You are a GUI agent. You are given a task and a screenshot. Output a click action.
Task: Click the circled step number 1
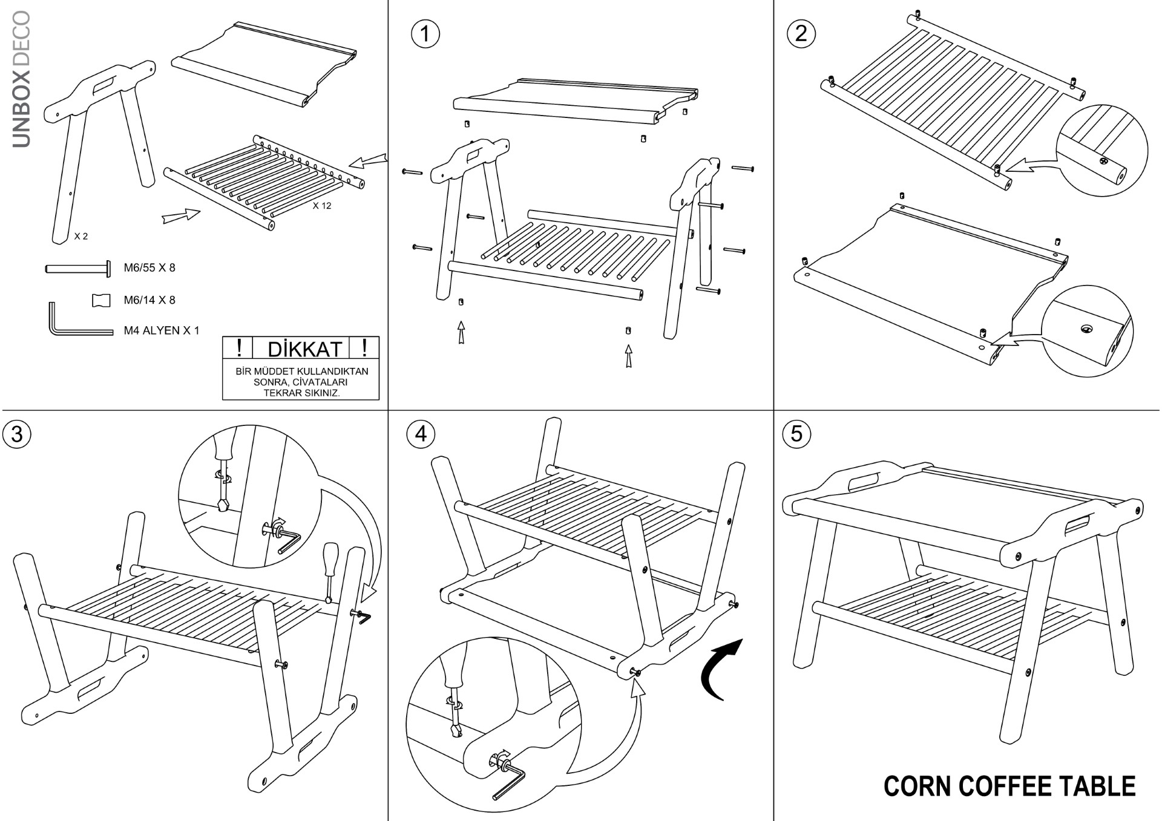coord(425,34)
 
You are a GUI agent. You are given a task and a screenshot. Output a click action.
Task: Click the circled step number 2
coord(801,33)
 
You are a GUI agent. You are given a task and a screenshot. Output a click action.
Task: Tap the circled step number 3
coord(17,434)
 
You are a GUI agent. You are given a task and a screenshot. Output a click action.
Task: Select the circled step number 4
coord(421,434)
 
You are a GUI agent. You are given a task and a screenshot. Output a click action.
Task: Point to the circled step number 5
coord(796,434)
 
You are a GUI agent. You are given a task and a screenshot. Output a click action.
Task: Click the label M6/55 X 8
coord(149,267)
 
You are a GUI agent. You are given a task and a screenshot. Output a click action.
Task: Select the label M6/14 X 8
coord(149,299)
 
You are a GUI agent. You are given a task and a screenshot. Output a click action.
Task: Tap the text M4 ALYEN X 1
coord(161,330)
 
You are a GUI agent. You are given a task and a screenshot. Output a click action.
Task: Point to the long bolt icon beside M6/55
coord(78,269)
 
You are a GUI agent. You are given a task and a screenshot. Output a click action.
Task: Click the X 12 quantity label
coord(322,206)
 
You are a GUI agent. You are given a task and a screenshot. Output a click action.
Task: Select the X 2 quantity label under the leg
coord(81,236)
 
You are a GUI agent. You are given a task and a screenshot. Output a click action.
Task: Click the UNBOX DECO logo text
coord(21,79)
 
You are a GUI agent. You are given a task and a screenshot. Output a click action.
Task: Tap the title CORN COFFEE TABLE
coord(1009,786)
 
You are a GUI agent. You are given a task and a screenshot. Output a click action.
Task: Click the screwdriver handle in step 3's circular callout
coord(222,448)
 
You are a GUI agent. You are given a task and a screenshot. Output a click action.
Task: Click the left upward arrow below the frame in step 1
coord(462,332)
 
